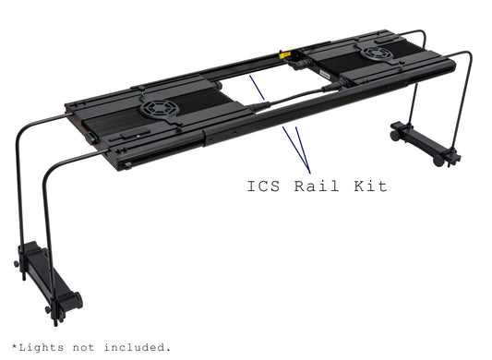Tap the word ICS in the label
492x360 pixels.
point(267,186)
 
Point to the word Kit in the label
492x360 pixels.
point(369,186)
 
